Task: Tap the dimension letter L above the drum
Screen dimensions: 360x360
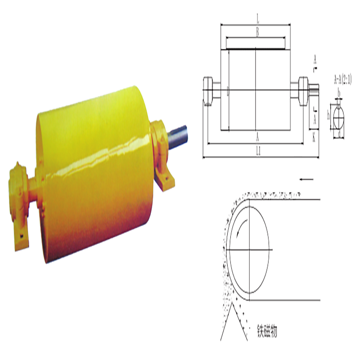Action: click(257, 20)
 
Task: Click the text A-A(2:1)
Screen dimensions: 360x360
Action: click(342, 80)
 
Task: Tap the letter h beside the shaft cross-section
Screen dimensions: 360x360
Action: click(329, 115)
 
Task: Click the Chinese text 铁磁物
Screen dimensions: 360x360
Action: click(267, 332)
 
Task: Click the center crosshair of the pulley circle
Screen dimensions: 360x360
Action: click(249, 250)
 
